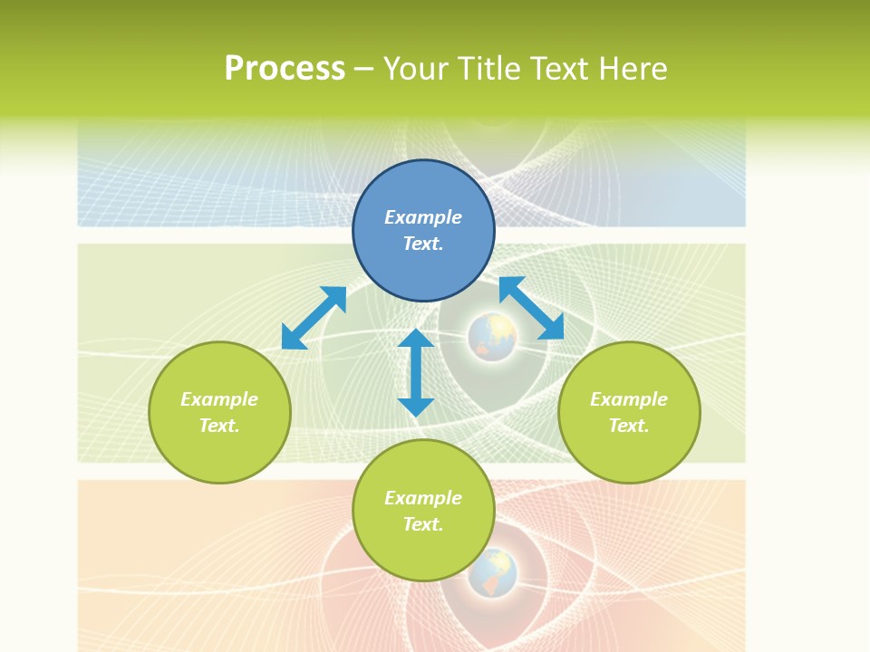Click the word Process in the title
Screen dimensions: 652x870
(285, 69)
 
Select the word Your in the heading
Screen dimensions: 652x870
(416, 69)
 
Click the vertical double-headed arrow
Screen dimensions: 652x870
(416, 372)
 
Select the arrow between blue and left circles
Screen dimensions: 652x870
(314, 318)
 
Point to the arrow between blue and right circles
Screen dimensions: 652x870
(531, 308)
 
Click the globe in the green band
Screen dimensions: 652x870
(492, 337)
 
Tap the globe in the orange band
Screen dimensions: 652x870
(492, 572)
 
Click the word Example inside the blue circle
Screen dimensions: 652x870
(423, 217)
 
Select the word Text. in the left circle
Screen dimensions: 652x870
(219, 426)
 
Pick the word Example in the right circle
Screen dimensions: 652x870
(629, 399)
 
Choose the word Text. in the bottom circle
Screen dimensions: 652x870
(423, 524)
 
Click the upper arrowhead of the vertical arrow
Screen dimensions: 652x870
(416, 339)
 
